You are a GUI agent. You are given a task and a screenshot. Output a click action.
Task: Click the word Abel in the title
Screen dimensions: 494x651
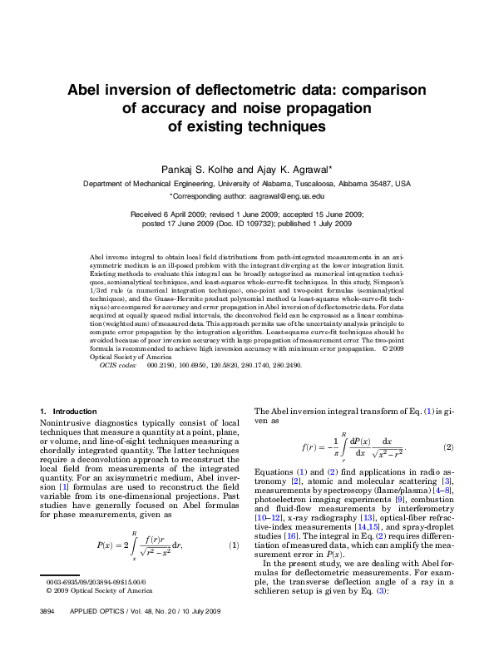85,90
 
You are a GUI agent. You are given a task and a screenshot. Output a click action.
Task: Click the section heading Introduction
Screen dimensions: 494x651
74,412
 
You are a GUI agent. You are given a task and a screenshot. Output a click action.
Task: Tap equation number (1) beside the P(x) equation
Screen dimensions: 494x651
234,545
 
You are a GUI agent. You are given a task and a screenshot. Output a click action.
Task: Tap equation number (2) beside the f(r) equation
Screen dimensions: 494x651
448,447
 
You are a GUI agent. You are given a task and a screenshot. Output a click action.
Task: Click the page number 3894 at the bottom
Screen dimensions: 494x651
47,635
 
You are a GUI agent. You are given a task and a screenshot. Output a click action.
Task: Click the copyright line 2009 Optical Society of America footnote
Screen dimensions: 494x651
99,614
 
